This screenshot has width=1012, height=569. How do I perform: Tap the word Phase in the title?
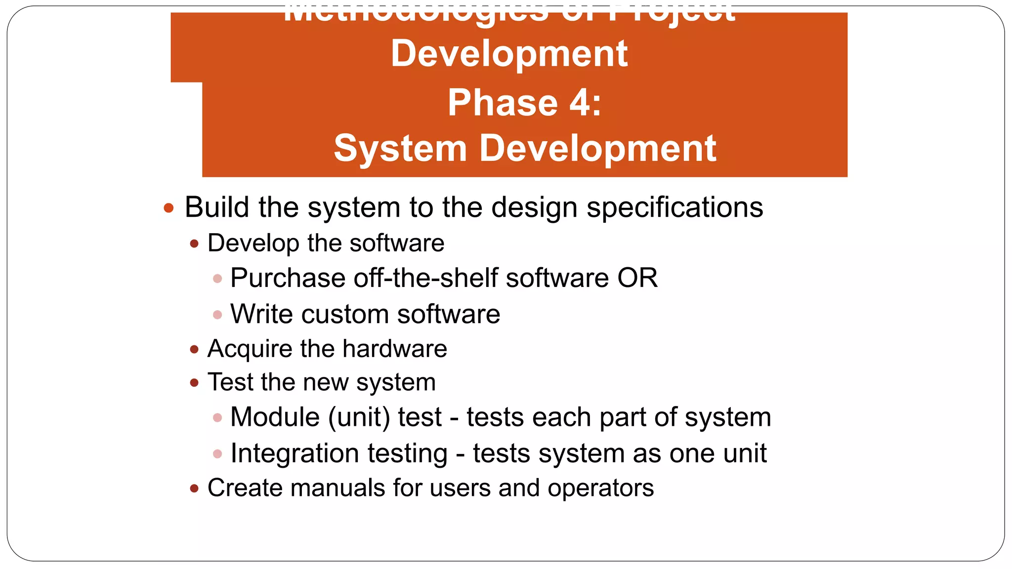click(503, 103)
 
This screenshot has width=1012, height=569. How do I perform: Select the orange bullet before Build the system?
click(169, 208)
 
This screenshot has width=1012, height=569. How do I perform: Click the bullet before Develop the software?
click(194, 244)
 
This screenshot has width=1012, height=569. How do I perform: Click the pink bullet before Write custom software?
click(217, 315)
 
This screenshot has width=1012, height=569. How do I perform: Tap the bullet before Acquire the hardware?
click(194, 350)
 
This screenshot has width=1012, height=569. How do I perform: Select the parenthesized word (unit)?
click(359, 417)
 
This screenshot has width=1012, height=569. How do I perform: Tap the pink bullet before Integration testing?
click(217, 453)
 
